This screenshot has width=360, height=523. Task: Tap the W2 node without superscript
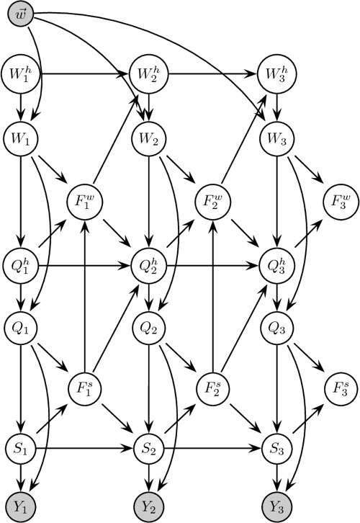point(147,135)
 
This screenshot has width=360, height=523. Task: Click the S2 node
point(147,447)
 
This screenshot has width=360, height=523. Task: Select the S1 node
point(22,447)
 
